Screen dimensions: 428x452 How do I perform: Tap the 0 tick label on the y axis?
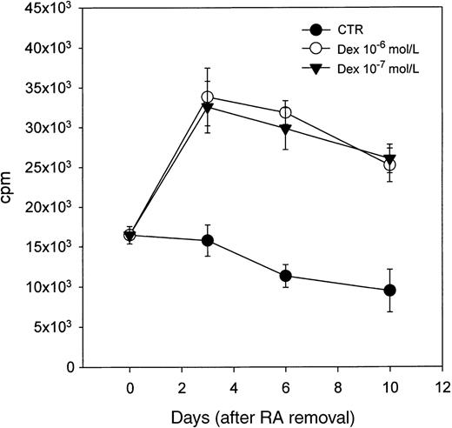pyautogui.click(x=66, y=367)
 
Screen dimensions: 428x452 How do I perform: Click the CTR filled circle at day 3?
pyautogui.click(x=207, y=240)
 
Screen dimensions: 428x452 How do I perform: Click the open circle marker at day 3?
pyautogui.click(x=207, y=97)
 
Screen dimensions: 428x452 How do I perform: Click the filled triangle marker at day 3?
pyautogui.click(x=207, y=106)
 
